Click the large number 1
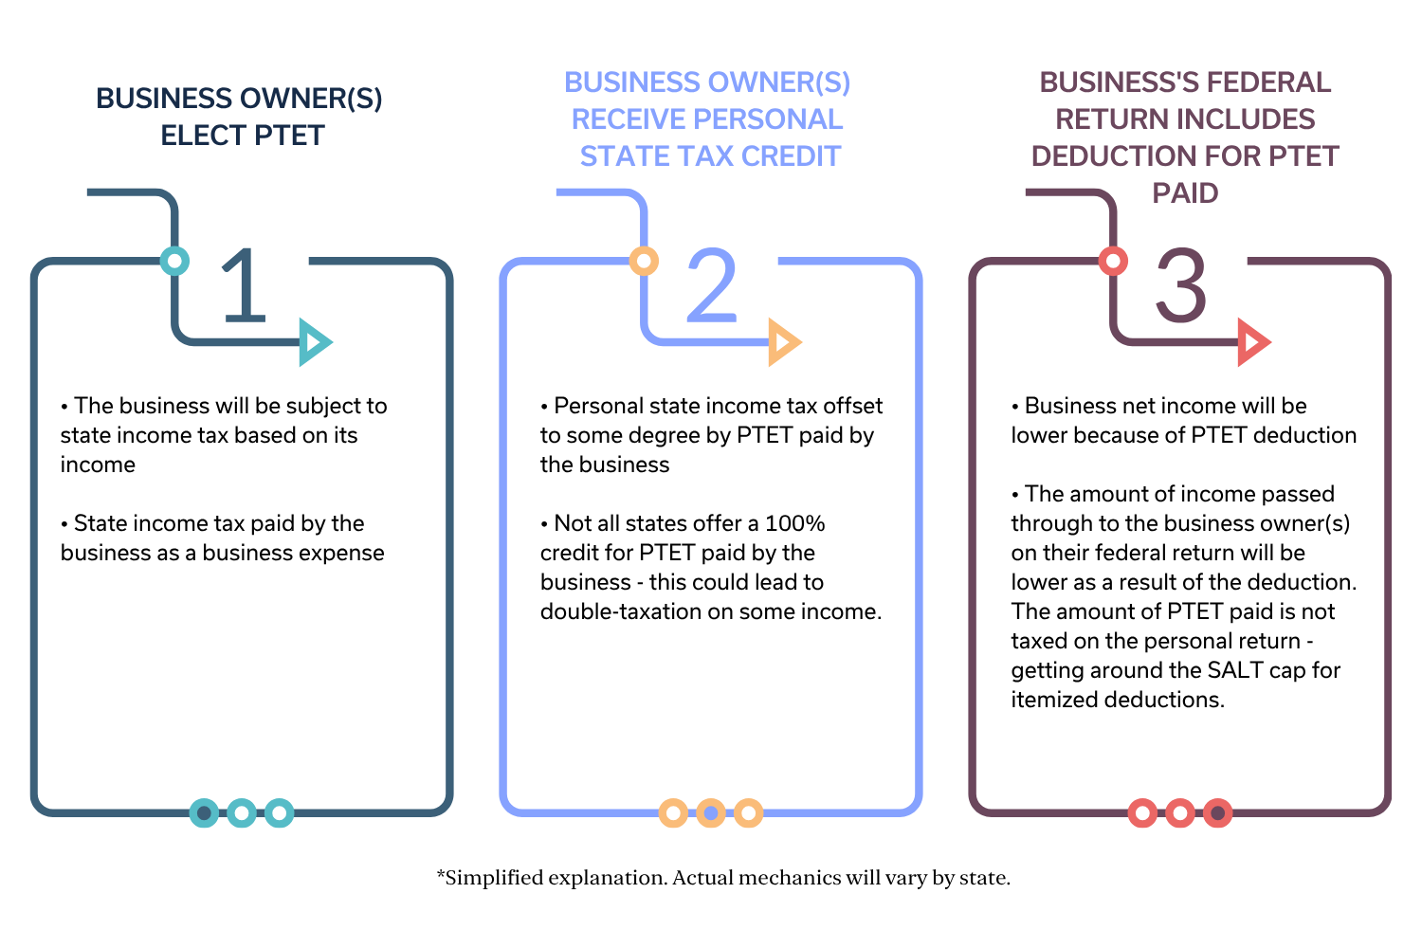point(244,284)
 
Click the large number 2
point(711,284)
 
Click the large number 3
point(1180,284)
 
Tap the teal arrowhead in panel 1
point(314,342)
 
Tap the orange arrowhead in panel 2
point(783,342)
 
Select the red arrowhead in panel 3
point(1252,342)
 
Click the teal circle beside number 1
point(174,261)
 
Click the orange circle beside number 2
point(644,261)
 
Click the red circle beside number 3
point(1113,261)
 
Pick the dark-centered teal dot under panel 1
point(204,813)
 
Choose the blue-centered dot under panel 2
point(711,813)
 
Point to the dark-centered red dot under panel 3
point(1218,813)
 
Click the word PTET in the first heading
point(289,136)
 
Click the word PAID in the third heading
point(1185,193)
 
